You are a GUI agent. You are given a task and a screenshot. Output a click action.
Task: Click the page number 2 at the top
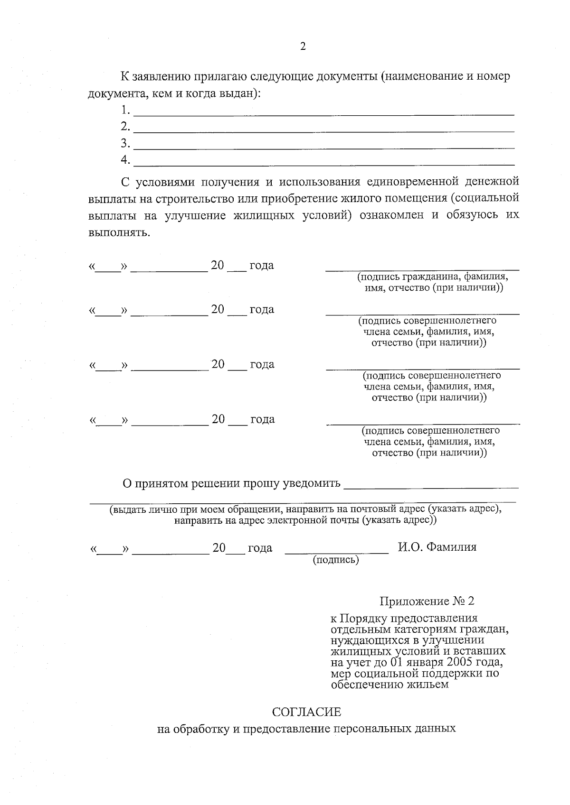(x=303, y=46)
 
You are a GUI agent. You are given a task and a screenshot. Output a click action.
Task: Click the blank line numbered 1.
(x=324, y=114)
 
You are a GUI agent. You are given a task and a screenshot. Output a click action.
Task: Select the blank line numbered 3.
(x=324, y=148)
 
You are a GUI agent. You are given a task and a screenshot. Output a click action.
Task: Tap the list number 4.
(x=125, y=160)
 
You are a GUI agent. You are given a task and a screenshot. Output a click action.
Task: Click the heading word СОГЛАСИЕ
(x=306, y=712)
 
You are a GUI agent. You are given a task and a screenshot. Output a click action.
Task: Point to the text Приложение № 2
(x=427, y=601)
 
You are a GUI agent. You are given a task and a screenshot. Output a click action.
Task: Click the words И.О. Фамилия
(x=437, y=547)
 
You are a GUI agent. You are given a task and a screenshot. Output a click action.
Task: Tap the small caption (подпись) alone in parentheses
(x=336, y=560)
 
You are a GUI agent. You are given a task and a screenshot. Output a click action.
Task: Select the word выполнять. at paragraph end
(x=119, y=233)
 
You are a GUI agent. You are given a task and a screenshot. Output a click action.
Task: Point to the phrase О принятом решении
(x=182, y=483)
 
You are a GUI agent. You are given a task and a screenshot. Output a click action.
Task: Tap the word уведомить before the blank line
(x=312, y=483)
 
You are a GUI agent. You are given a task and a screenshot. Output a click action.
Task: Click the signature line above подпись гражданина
(x=422, y=270)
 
